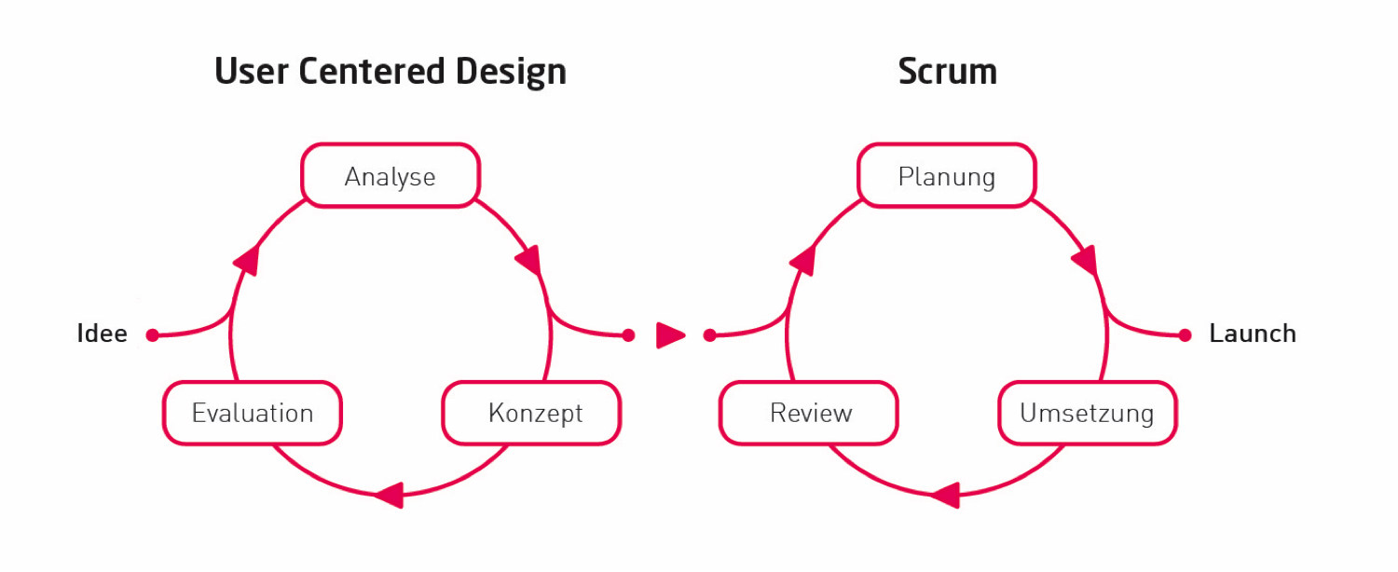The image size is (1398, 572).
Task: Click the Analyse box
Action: click(390, 176)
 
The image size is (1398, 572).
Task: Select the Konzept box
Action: click(531, 413)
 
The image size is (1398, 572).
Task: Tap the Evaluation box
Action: click(253, 413)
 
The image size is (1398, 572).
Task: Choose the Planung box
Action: click(946, 176)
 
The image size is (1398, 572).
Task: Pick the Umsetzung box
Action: click(1087, 413)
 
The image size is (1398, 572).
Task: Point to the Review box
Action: click(809, 413)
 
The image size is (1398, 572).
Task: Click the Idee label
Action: click(102, 334)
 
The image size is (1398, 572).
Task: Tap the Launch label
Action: click(1252, 334)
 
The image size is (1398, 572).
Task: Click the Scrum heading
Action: click(947, 72)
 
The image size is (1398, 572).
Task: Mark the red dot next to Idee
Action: click(153, 335)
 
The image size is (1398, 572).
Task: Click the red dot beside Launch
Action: click(1185, 335)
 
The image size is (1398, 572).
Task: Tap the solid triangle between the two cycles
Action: click(668, 334)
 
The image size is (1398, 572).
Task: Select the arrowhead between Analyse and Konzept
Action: click(529, 260)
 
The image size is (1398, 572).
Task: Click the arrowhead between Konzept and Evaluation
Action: click(390, 494)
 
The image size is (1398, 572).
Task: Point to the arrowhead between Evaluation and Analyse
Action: click(246, 260)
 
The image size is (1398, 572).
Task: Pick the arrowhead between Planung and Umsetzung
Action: click(1086, 260)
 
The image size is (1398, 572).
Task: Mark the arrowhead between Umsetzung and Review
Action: click(946, 494)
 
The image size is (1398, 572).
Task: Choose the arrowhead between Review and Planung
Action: click(802, 260)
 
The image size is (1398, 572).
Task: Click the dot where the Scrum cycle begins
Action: click(709, 335)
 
